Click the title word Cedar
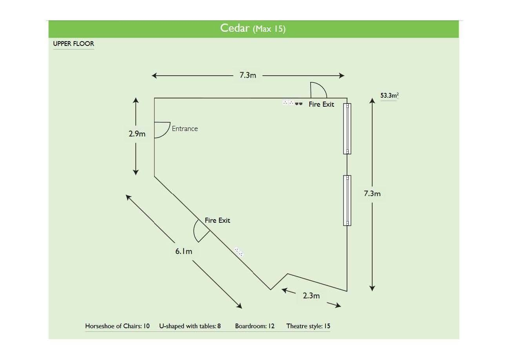[x=234, y=28]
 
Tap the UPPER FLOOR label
[x=74, y=44]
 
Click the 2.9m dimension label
[x=137, y=134]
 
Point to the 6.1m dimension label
[x=184, y=251]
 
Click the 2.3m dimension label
[x=311, y=296]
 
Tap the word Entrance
[x=185, y=129]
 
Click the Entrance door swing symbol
[x=161, y=130]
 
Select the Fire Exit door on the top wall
[x=318, y=91]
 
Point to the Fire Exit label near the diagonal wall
[x=217, y=220]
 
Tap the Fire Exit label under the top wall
[x=321, y=104]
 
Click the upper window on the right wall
[x=347, y=128]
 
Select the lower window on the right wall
[x=347, y=200]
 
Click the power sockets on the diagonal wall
[x=239, y=252]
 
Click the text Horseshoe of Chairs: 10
[x=117, y=326]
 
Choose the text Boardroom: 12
[x=254, y=326]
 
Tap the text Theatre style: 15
[x=308, y=326]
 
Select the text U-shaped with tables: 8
[x=190, y=326]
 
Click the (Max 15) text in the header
[x=269, y=29]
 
